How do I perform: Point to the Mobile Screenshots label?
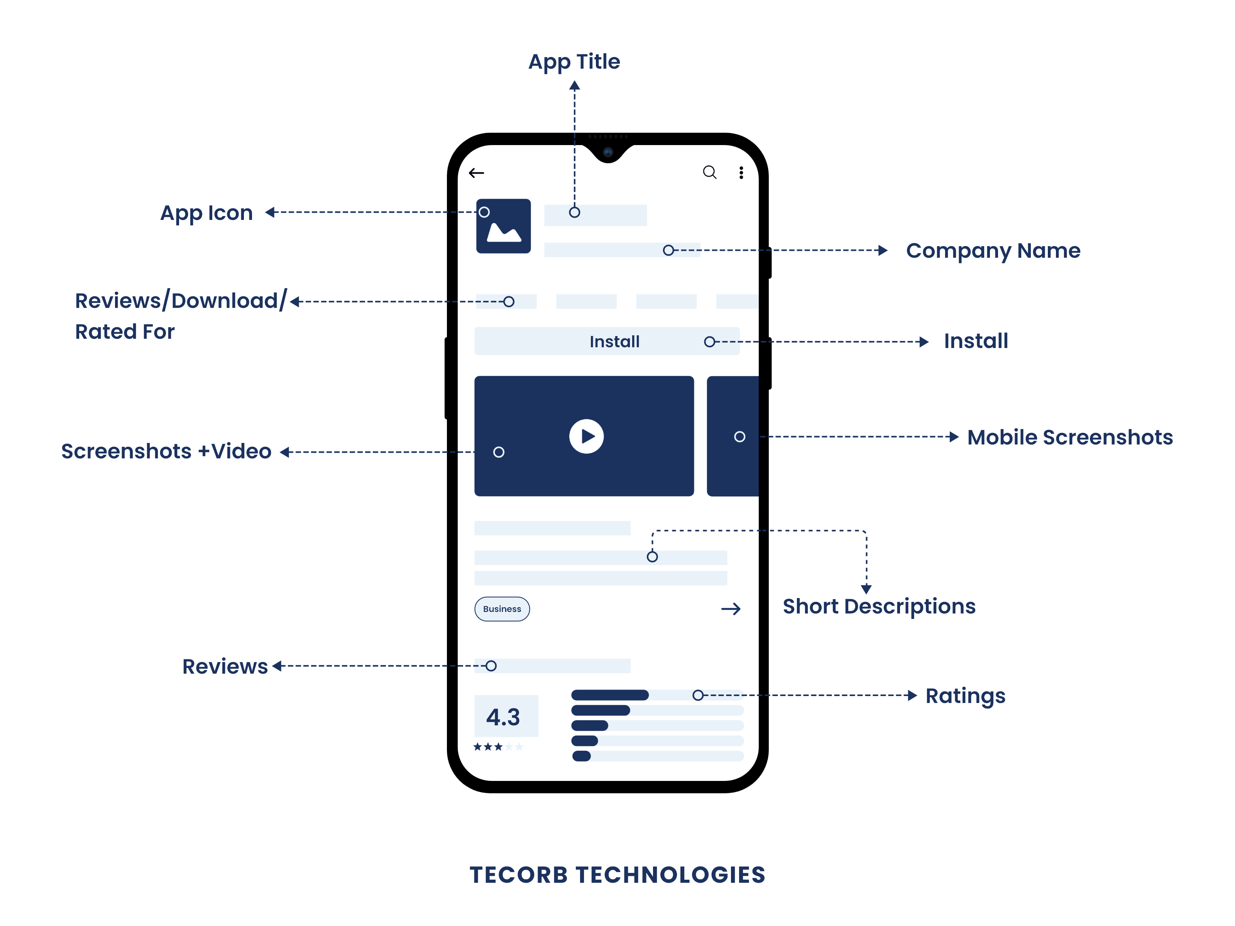click(x=1070, y=437)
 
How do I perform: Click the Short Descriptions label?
click(x=879, y=607)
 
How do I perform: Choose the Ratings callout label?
click(x=965, y=696)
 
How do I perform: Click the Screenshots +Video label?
click(x=166, y=451)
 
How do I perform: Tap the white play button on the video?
click(x=586, y=436)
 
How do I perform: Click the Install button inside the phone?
click(x=607, y=341)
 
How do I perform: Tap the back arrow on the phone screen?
click(x=476, y=173)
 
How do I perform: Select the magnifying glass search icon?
click(x=710, y=172)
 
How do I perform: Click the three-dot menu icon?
click(x=741, y=173)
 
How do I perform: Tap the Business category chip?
click(x=502, y=609)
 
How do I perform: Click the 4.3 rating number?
click(x=503, y=717)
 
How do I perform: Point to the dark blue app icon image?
click(x=503, y=226)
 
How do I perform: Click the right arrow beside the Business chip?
click(x=731, y=609)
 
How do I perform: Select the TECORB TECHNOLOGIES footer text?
click(x=617, y=875)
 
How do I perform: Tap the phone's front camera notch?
click(x=608, y=152)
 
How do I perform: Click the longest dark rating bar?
click(x=610, y=695)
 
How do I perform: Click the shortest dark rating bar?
click(x=581, y=756)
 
